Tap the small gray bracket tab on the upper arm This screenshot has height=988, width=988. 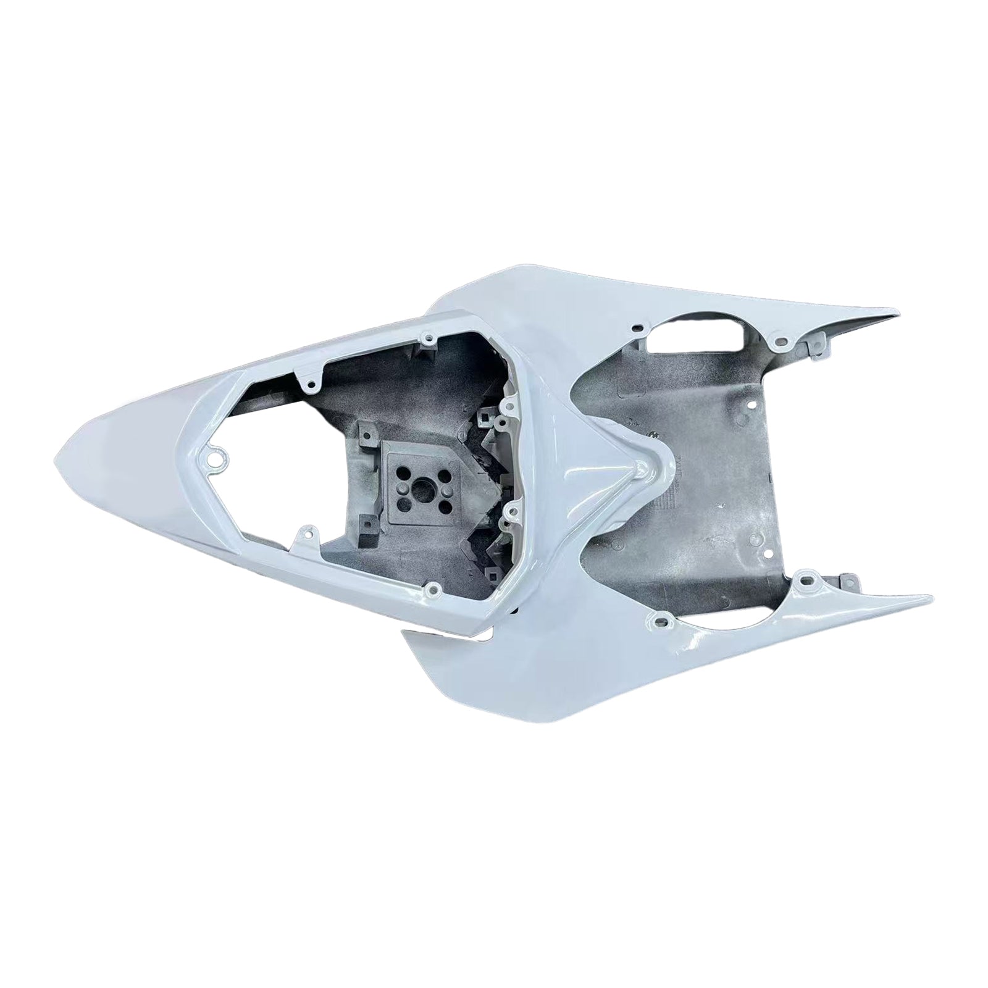[x=816, y=338]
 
